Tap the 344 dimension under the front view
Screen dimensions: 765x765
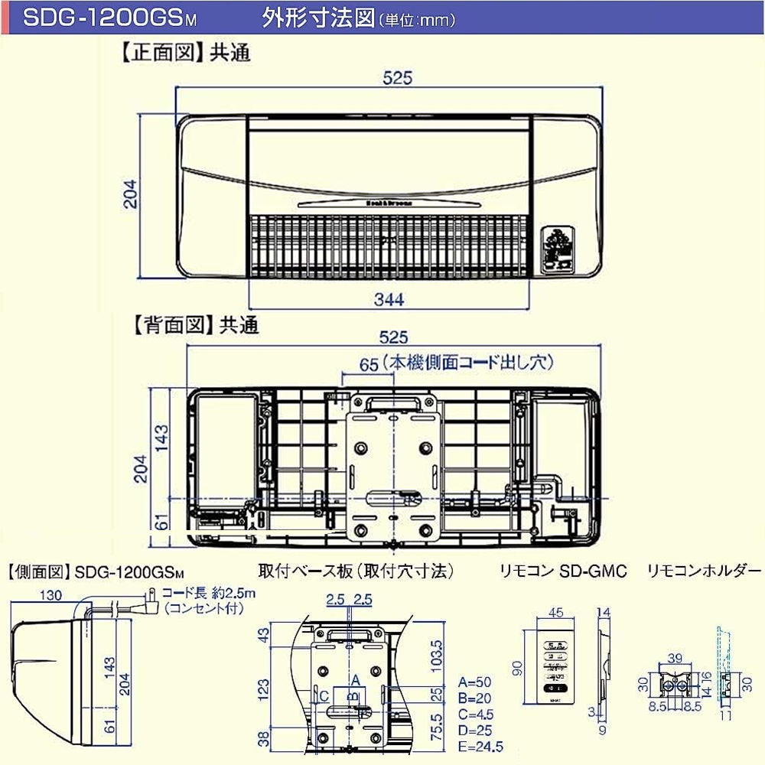point(389,299)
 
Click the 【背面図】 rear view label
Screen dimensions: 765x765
point(170,326)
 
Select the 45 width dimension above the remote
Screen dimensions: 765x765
point(556,612)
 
